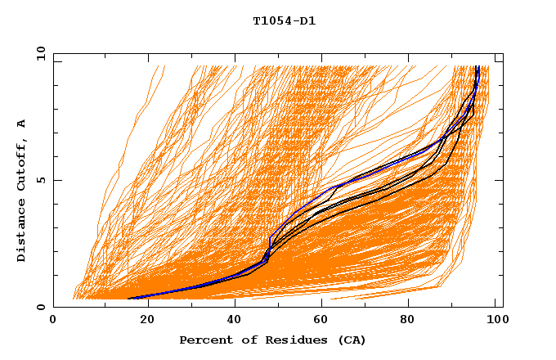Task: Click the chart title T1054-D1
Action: (284, 21)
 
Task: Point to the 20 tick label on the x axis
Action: (142, 322)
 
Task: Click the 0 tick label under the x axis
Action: (54, 322)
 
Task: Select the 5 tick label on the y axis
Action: (40, 180)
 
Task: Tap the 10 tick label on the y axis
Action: (37, 53)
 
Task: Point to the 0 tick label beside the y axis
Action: (40, 307)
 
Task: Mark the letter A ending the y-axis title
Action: (22, 124)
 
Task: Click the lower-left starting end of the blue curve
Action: (129, 299)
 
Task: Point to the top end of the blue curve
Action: (478, 67)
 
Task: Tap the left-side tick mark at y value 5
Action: (56, 180)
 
